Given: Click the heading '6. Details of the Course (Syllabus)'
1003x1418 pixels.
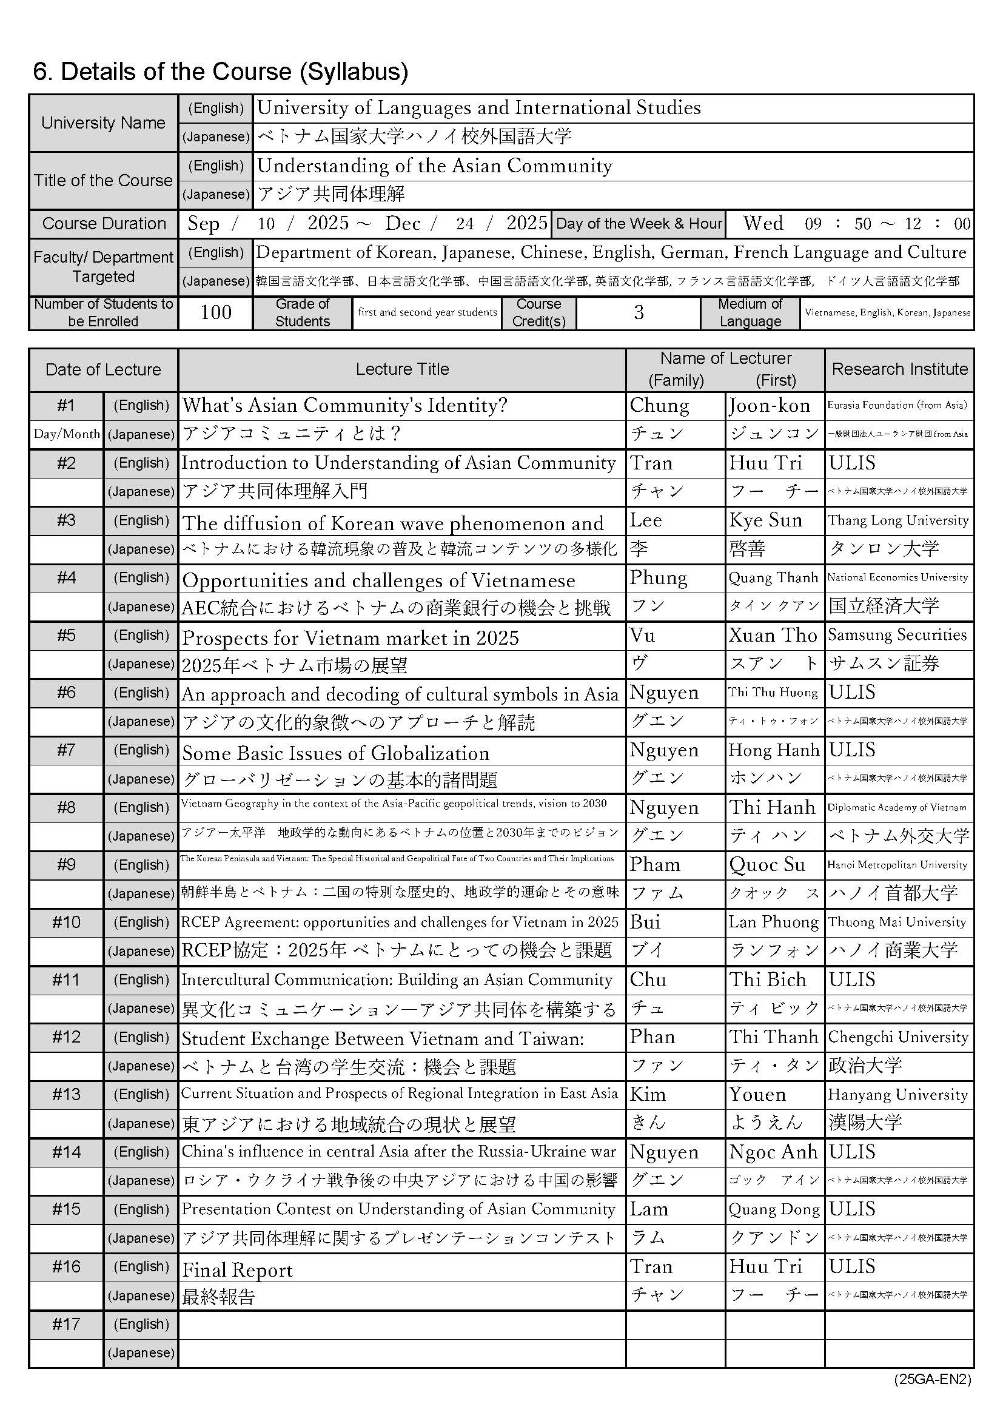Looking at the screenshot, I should [221, 72].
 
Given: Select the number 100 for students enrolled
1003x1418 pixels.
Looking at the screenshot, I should [215, 312].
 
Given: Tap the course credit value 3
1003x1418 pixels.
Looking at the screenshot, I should [639, 312].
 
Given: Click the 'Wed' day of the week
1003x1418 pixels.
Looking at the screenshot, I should [763, 224].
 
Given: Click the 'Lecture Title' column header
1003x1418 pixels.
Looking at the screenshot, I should [402, 369].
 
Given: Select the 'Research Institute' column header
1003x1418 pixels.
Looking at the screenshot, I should [900, 369].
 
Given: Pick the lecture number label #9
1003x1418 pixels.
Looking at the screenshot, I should [66, 865].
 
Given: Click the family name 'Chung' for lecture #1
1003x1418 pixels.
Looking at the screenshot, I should [660, 406].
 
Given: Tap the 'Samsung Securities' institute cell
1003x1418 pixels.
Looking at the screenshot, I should [897, 635].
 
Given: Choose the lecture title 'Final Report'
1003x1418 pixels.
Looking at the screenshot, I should [237, 1271].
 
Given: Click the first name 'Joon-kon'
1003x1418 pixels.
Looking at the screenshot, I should [770, 406].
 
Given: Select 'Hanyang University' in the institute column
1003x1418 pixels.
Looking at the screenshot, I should [898, 1095].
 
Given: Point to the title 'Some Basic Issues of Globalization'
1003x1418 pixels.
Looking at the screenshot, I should [335, 753].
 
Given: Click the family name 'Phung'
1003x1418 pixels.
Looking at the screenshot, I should [659, 578].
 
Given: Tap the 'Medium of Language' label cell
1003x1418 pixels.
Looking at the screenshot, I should [750, 312].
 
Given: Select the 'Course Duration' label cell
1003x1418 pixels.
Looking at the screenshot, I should [104, 224].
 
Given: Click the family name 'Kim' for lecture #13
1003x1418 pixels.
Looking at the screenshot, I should [648, 1095].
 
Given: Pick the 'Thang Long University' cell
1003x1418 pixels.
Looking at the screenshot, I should [898, 520].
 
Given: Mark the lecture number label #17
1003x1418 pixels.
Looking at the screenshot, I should [66, 1324].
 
